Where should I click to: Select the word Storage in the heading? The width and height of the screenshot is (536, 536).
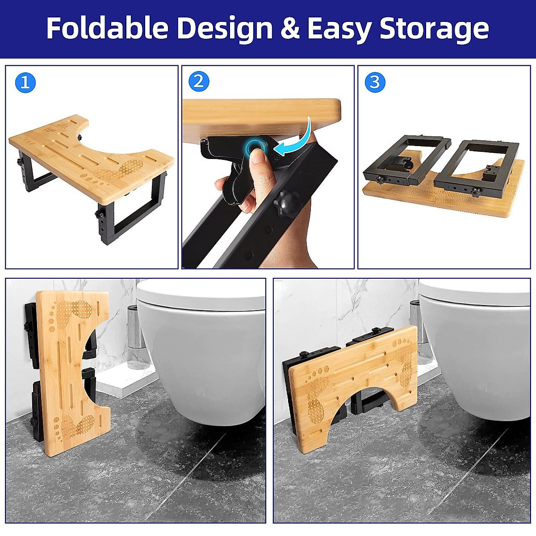(434, 29)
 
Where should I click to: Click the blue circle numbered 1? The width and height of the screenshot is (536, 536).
(25, 83)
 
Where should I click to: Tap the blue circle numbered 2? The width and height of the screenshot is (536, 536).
(199, 82)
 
